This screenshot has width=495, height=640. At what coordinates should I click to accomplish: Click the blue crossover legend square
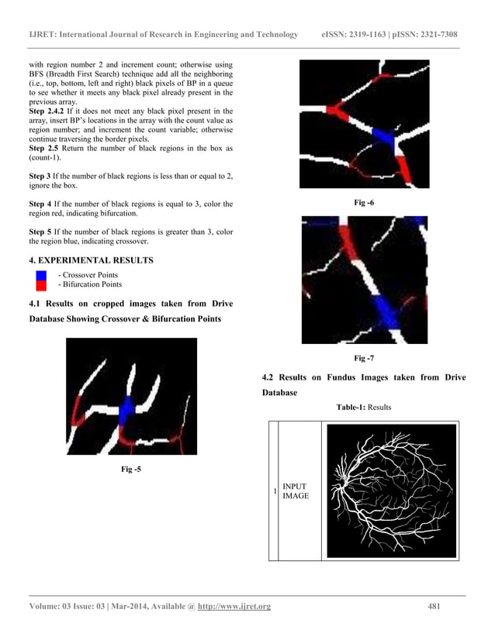(x=41, y=275)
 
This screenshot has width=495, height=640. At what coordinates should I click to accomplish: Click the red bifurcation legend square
(x=41, y=285)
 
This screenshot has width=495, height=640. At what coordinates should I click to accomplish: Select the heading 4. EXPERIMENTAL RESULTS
(x=91, y=260)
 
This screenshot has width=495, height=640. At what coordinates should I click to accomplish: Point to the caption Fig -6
(x=363, y=202)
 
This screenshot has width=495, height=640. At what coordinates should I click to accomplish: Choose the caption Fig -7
(x=363, y=358)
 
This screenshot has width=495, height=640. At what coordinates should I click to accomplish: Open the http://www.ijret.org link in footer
(x=234, y=606)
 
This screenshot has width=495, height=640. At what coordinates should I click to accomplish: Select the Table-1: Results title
(x=363, y=407)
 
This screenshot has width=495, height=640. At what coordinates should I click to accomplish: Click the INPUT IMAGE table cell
(x=296, y=490)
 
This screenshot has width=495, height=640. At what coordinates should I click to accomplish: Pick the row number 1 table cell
(x=273, y=490)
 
